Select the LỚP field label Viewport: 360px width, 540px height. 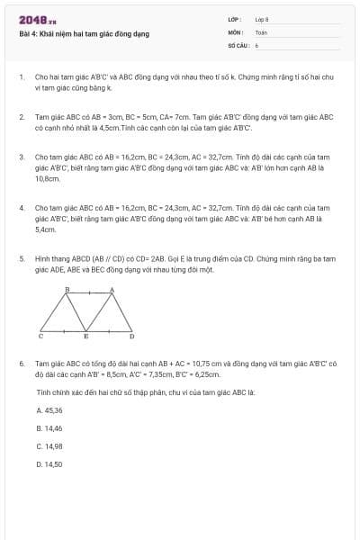click(234, 19)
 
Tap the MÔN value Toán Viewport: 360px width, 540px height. click(261, 31)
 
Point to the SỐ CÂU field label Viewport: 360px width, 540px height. click(237, 44)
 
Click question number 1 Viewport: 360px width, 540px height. click(21, 77)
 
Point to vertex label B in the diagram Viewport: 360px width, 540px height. click(67, 289)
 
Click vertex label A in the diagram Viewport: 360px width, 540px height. click(112, 289)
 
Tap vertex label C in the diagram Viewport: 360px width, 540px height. click(40, 336)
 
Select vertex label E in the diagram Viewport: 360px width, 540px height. click(86, 336)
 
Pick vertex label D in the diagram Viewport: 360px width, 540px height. click(131, 336)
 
